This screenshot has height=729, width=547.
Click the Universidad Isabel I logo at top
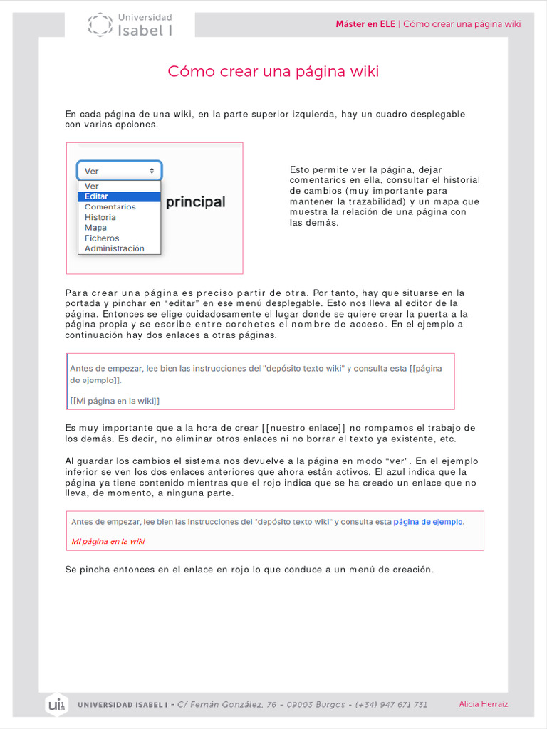pyautogui.click(x=130, y=24)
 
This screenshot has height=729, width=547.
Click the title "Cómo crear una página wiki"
pyautogui.click(x=273, y=72)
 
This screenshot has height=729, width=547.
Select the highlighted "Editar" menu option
pyautogui.click(x=97, y=196)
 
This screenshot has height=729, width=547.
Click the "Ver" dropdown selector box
pyautogui.click(x=119, y=171)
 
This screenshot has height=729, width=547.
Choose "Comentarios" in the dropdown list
pyautogui.click(x=110, y=207)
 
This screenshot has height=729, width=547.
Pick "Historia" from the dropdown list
pyautogui.click(x=100, y=217)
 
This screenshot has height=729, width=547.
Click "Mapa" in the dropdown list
pyautogui.click(x=95, y=228)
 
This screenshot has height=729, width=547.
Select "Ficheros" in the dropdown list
pyautogui.click(x=102, y=238)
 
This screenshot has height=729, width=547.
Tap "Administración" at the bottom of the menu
pyautogui.click(x=114, y=248)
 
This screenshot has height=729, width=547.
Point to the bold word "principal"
pyautogui.click(x=195, y=202)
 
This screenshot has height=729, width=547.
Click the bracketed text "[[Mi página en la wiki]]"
pyautogui.click(x=115, y=401)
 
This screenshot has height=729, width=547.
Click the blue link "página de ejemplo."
pyautogui.click(x=429, y=522)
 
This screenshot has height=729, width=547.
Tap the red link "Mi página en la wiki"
pyautogui.click(x=108, y=541)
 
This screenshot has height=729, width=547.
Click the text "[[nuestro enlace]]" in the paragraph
pyautogui.click(x=303, y=428)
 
